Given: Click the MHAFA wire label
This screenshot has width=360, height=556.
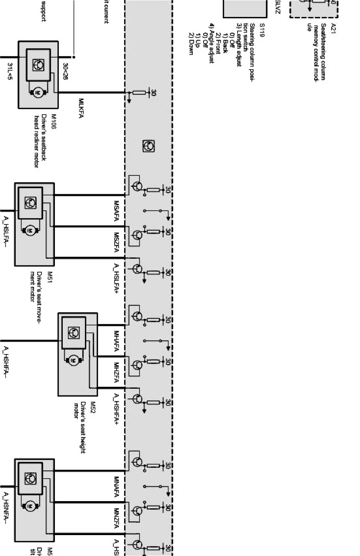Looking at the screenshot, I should click(117, 341).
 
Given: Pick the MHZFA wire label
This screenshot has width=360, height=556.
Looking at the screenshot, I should click(117, 373).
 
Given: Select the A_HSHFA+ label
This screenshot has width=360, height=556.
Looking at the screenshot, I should click(117, 409).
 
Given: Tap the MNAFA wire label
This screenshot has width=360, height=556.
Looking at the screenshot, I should click(117, 487).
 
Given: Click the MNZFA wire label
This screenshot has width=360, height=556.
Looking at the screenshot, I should click(117, 518).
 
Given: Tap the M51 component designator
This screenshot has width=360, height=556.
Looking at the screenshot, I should click(49, 277).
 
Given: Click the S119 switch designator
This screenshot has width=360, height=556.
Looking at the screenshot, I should click(262, 28).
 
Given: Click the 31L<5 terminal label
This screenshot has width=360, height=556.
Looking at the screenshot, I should click(10, 71).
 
